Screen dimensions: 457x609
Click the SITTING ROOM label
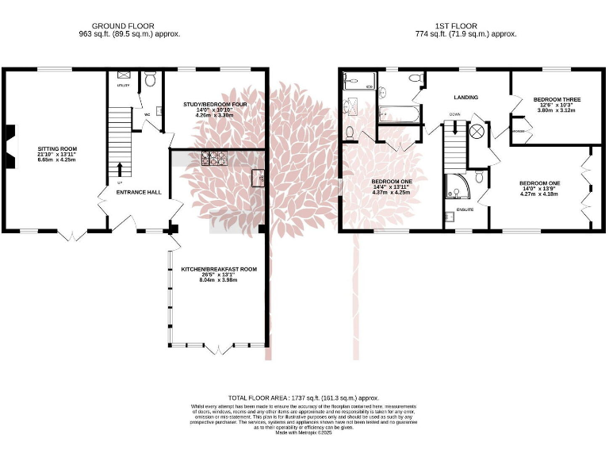tap(56, 148)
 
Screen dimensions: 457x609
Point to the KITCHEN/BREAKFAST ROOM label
tap(218, 269)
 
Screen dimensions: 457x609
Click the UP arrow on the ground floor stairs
tap(120, 169)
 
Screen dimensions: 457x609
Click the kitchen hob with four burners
tap(214, 158)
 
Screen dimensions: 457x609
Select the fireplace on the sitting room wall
tap(8, 148)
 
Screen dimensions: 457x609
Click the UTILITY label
tap(123, 84)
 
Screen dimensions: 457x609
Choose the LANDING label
tap(465, 97)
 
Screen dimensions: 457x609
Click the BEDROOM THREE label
tap(557, 99)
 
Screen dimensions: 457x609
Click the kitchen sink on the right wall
tap(258, 178)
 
